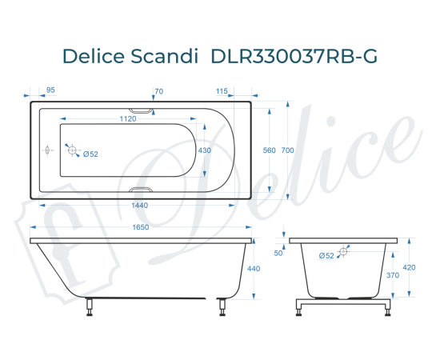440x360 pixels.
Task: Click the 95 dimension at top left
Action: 50,91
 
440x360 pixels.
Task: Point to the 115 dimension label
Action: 222,91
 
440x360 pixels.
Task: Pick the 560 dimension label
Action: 269,150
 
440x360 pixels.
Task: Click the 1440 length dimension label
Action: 141,206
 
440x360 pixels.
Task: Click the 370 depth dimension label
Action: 394,274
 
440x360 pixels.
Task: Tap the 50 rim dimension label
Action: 278,253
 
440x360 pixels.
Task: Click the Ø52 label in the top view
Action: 90,154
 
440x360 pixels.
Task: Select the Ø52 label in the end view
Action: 326,256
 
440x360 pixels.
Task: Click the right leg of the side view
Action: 222,305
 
